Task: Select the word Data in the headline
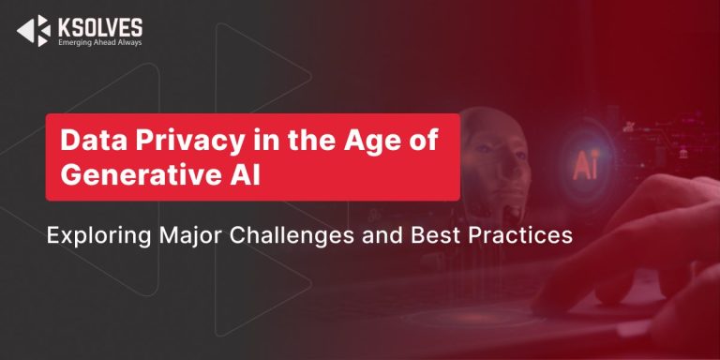coord(87,142)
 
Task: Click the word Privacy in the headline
coord(170,142)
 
